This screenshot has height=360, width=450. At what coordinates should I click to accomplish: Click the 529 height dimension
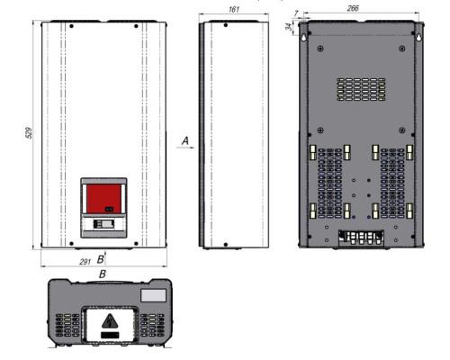(29, 132)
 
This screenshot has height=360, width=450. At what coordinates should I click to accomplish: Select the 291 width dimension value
(85, 262)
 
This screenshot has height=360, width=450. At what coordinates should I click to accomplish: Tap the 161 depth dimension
(234, 9)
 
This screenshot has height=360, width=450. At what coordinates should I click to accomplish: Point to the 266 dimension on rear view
(353, 8)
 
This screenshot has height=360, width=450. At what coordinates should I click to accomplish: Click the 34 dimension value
(289, 27)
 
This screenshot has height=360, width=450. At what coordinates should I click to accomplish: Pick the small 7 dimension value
(296, 13)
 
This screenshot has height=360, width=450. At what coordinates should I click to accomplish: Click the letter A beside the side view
(185, 140)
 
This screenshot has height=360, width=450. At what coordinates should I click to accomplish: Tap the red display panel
(103, 198)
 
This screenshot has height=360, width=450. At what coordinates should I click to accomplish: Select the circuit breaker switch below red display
(103, 224)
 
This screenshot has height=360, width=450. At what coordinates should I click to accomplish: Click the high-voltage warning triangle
(110, 321)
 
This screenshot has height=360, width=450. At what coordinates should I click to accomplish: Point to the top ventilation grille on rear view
(361, 89)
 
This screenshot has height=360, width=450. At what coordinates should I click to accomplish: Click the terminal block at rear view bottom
(361, 238)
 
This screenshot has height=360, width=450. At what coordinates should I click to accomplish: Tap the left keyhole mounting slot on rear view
(303, 37)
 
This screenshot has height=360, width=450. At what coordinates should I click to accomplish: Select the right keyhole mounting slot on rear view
(418, 37)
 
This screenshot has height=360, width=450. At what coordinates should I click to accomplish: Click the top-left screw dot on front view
(71, 26)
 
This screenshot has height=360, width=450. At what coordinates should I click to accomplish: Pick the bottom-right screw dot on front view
(136, 244)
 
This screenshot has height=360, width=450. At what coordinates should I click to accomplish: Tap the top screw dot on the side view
(226, 25)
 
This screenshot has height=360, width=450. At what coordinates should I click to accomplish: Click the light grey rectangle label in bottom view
(153, 295)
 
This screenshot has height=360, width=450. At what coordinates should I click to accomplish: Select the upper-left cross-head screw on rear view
(320, 49)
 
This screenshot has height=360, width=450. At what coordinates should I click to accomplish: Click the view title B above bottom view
(103, 274)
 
